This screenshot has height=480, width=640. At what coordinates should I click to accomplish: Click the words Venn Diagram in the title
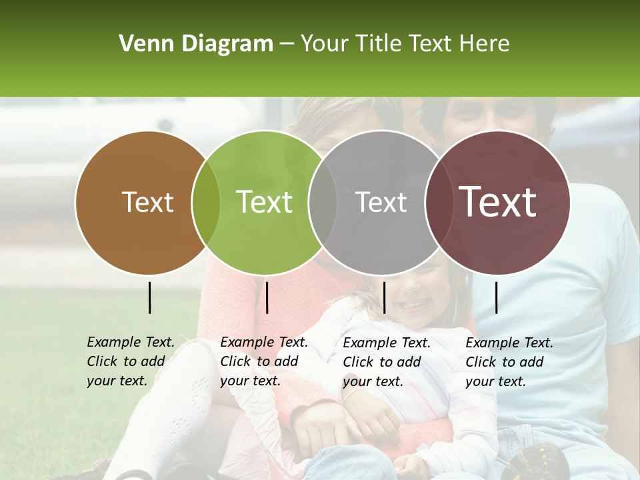point(196,44)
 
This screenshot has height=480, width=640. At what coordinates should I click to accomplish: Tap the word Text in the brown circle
point(148,202)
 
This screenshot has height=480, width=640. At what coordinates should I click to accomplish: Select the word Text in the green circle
point(265,202)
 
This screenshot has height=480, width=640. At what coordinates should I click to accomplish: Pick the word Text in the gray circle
point(381,202)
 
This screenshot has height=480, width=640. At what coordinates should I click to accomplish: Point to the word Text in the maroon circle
point(498,202)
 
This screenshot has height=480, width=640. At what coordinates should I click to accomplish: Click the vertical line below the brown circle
point(150,297)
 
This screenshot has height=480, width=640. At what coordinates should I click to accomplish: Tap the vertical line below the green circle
point(267,297)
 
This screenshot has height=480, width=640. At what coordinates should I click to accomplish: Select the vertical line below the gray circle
point(384,297)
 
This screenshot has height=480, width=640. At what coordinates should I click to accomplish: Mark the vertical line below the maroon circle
point(497,297)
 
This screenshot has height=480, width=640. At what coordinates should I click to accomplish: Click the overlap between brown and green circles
point(206,202)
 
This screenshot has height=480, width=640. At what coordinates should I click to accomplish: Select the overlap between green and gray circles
point(323,202)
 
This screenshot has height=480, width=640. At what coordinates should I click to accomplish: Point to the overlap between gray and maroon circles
point(438,202)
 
